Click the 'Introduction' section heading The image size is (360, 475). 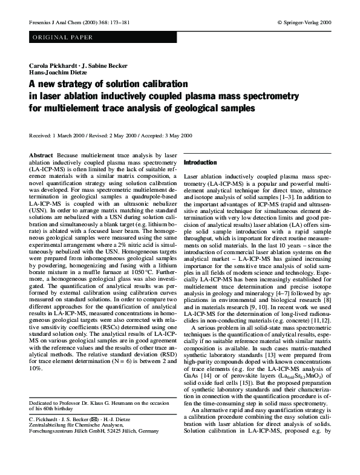tap(200, 163)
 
